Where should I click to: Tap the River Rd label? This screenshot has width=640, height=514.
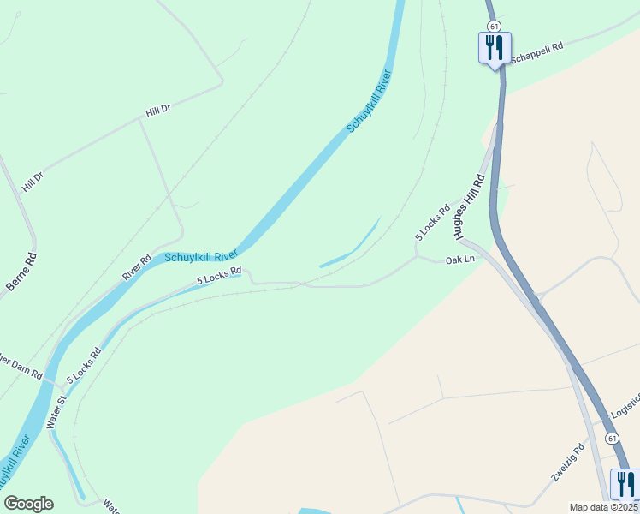click(x=137, y=266)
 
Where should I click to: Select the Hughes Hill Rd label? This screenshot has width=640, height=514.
click(x=470, y=206)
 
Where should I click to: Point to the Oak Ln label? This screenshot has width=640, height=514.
click(x=459, y=260)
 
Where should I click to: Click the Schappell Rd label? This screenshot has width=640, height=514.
click(x=537, y=52)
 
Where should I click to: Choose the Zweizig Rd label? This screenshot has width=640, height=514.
click(x=568, y=463)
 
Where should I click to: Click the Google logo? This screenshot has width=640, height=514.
click(x=28, y=504)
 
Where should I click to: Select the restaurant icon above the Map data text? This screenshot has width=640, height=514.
click(x=625, y=483)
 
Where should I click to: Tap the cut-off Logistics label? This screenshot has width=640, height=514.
click(x=625, y=409)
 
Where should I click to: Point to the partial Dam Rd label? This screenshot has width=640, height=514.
click(x=21, y=366)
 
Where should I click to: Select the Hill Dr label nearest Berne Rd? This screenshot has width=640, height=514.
click(x=33, y=182)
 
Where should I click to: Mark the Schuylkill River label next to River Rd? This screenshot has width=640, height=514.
click(x=200, y=256)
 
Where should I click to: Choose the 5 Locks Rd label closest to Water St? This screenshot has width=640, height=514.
click(x=84, y=364)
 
